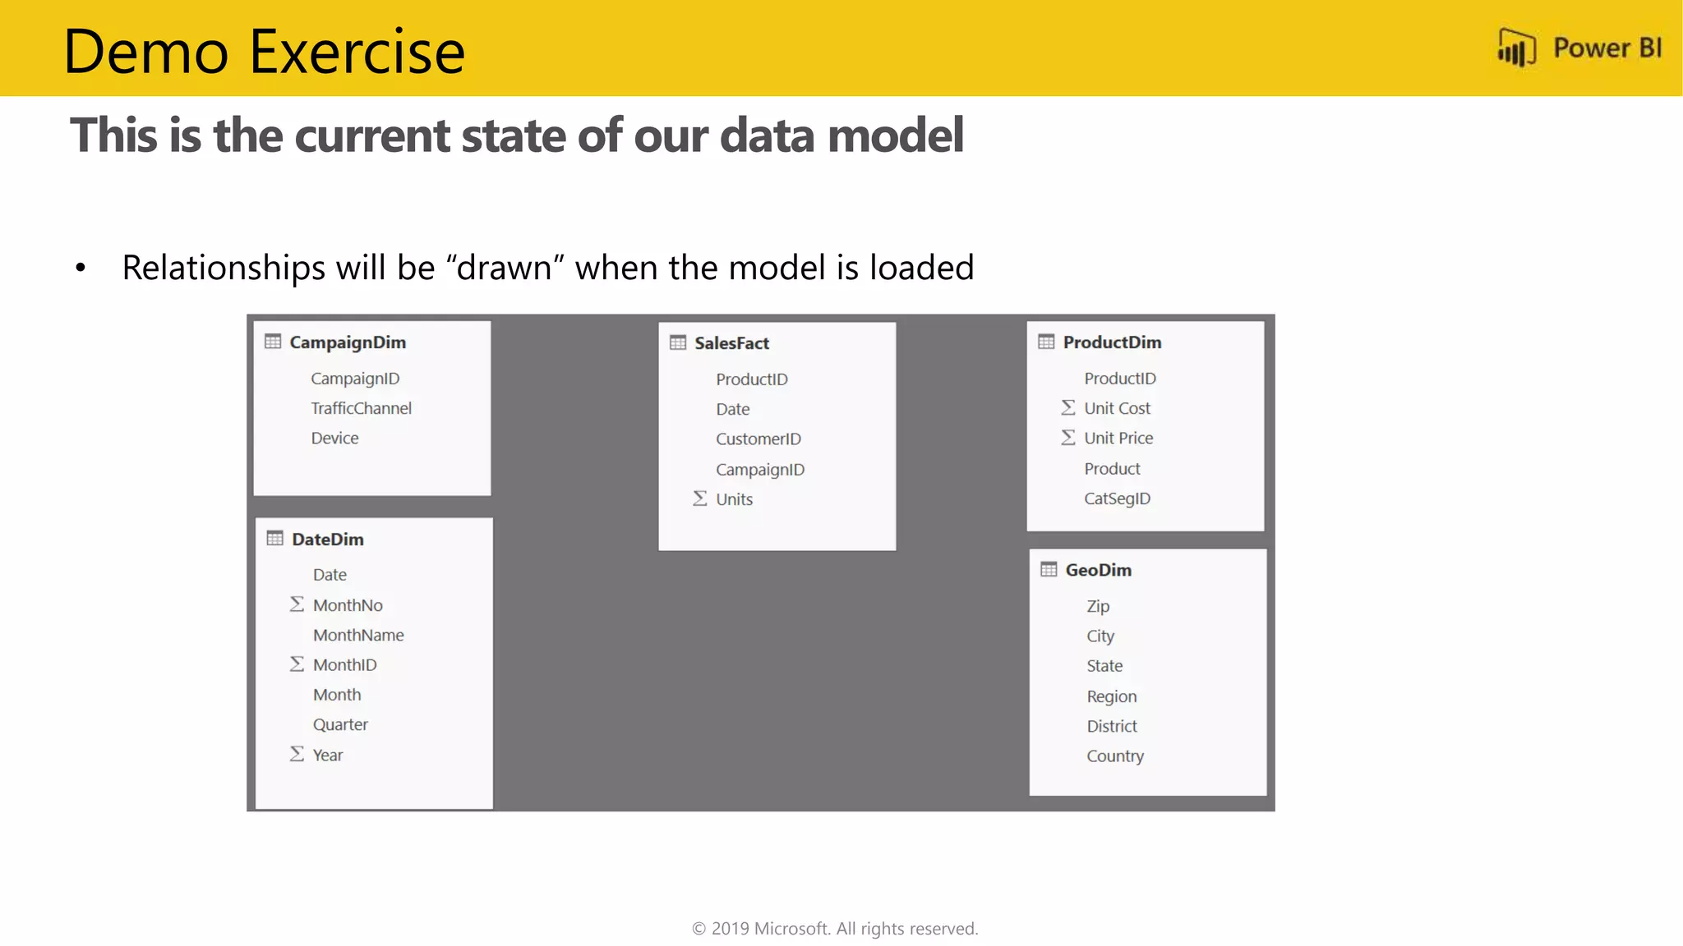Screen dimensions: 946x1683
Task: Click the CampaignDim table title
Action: pyautogui.click(x=348, y=342)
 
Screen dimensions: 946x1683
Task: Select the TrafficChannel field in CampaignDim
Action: pyautogui.click(x=361, y=408)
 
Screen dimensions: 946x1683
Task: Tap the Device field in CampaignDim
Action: pyautogui.click(x=334, y=439)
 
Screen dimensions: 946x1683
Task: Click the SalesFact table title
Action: pyautogui.click(x=731, y=343)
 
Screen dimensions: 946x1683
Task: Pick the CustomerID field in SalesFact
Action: pyautogui.click(x=758, y=439)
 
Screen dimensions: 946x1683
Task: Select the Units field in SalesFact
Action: pyautogui.click(x=734, y=499)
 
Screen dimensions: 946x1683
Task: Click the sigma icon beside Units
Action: pyautogui.click(x=699, y=498)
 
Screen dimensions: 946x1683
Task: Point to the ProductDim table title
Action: pyautogui.click(x=1112, y=342)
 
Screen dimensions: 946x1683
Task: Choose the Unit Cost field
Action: pyautogui.click(x=1117, y=408)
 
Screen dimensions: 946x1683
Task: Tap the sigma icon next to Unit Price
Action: pyautogui.click(x=1067, y=438)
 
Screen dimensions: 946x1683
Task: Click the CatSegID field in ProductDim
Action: pyautogui.click(x=1117, y=498)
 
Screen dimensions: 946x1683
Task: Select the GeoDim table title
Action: pyautogui.click(x=1098, y=570)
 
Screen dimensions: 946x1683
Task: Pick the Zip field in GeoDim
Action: pyautogui.click(x=1098, y=606)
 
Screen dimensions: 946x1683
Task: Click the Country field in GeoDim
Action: pyautogui.click(x=1115, y=756)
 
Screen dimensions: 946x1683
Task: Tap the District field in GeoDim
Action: pyautogui.click(x=1112, y=726)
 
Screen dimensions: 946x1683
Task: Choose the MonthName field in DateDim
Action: pyautogui.click(x=358, y=635)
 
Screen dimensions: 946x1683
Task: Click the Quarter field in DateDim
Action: pyautogui.click(x=340, y=724)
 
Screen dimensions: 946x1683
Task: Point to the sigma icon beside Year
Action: pyautogui.click(x=297, y=754)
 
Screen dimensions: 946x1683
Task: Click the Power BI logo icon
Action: pyautogui.click(x=1516, y=48)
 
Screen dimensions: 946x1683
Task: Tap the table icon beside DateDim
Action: pyautogui.click(x=274, y=539)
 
